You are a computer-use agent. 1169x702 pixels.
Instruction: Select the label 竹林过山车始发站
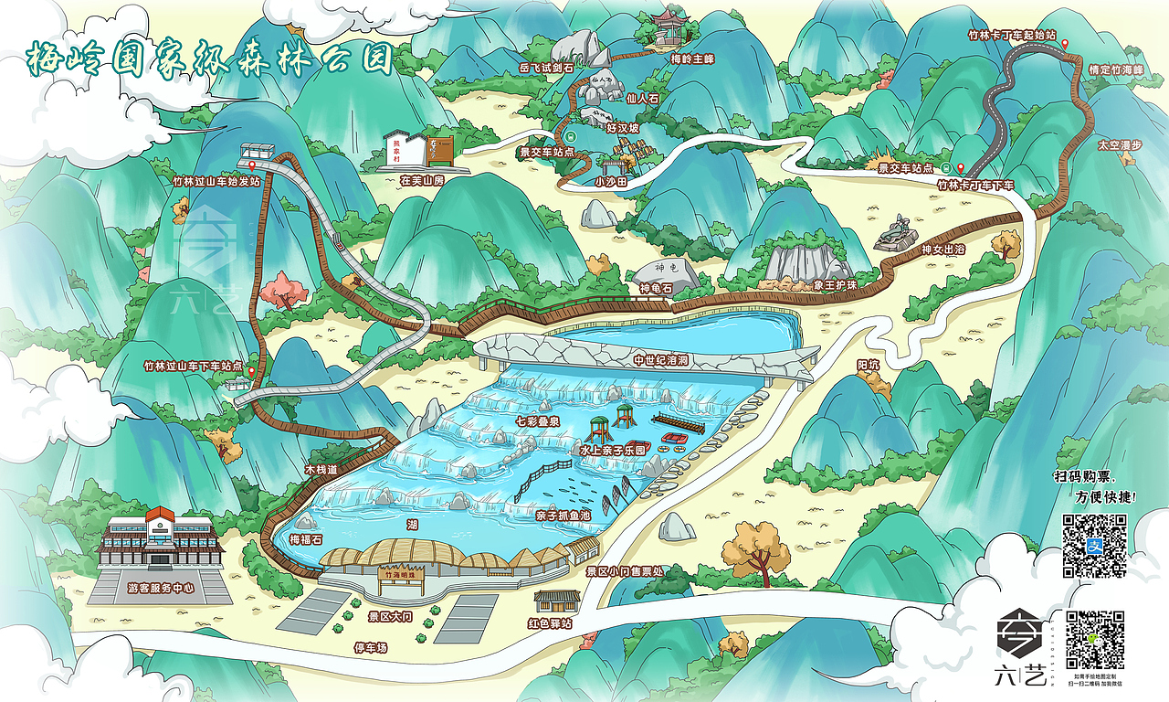pos(216,181)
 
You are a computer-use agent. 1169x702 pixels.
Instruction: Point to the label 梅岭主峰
pos(691,59)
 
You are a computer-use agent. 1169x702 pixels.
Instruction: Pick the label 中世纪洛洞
pos(660,361)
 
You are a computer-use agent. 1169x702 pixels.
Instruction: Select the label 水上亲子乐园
pos(612,451)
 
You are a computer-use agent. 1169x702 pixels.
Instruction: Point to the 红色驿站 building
pos(556,601)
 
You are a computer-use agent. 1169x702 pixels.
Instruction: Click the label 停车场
pos(371,647)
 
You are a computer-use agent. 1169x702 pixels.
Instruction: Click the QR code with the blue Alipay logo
pos(1093,546)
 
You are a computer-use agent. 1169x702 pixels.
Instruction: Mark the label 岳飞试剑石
pos(546,68)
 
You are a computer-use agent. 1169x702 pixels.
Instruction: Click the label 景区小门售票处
pos(626,571)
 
